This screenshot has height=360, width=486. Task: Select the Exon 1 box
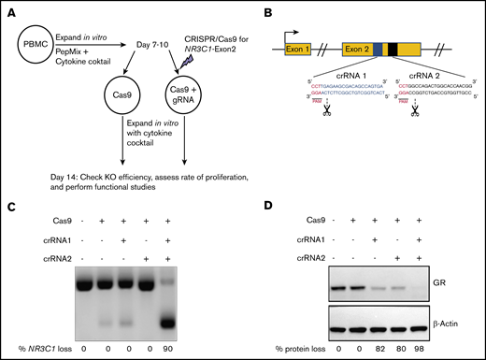pos(297,45)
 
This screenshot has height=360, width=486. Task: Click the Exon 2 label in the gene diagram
pos(361,45)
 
